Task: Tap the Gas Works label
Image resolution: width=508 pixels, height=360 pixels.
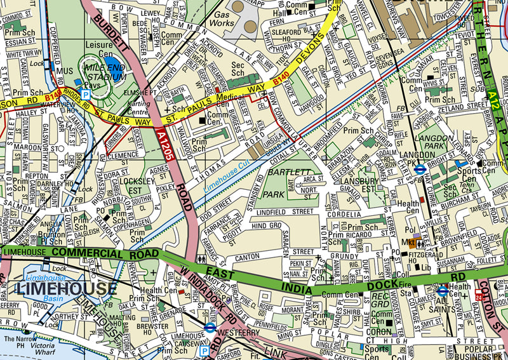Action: tap(224, 19)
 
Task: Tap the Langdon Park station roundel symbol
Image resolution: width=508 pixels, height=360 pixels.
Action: tap(419, 170)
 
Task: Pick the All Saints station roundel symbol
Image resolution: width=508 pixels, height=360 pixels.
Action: tap(443, 291)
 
